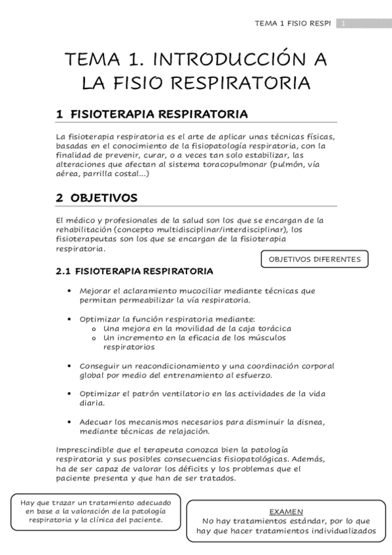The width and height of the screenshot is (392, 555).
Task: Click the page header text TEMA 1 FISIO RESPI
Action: pos(295,24)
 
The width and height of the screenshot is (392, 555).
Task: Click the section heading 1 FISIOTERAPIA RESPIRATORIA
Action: pos(152,115)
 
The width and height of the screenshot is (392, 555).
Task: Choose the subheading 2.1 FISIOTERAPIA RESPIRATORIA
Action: pos(134,270)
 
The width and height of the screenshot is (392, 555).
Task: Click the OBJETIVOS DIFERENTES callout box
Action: pos(314,259)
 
